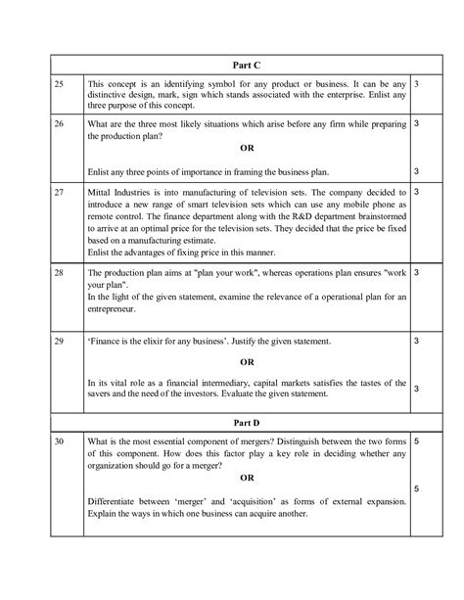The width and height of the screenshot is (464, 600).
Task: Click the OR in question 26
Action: (x=242, y=148)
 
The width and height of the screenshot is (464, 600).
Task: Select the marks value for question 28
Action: (x=417, y=270)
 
